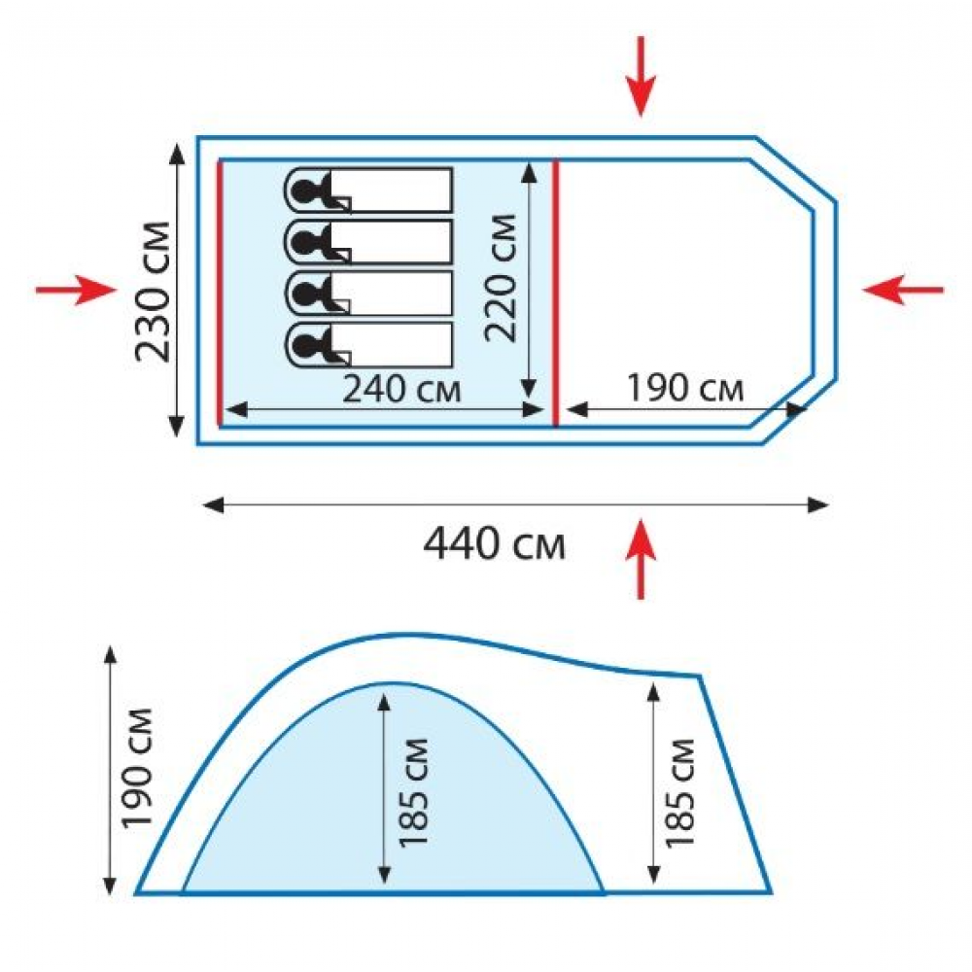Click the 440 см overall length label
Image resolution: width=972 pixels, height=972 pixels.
point(494,543)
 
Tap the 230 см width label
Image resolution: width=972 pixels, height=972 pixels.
point(153,292)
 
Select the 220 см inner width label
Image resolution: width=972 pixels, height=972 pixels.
point(500,278)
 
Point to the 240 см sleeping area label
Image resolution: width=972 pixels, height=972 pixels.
point(401,390)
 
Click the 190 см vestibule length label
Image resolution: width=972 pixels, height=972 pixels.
point(685,388)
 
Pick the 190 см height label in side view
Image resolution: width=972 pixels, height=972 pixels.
point(137,768)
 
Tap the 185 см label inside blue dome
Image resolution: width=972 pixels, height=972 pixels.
point(413,793)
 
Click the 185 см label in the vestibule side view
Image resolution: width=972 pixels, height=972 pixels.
point(679,793)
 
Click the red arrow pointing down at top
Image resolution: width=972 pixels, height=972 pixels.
point(641,76)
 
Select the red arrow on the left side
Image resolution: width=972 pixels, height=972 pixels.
point(76,290)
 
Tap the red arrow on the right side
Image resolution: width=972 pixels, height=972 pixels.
point(903,290)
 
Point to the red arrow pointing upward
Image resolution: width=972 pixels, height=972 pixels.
point(641,559)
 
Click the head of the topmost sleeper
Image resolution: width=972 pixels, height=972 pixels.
point(303,190)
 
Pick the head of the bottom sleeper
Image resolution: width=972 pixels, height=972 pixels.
point(303,344)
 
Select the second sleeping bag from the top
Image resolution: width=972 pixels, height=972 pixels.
point(368,242)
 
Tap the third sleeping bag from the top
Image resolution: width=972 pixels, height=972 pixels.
point(368,294)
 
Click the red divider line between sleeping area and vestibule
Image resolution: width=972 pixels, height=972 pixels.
point(555,294)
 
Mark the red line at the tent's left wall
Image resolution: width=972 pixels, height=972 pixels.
point(220,294)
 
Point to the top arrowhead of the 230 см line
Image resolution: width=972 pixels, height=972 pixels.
point(177,154)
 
